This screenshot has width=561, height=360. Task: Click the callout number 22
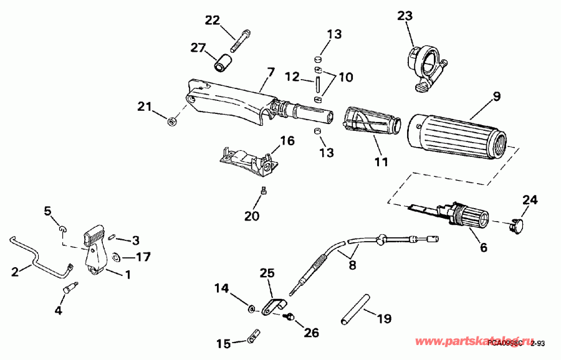tap(213, 20)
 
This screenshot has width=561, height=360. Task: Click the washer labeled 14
tap(251, 308)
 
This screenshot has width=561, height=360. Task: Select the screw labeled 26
tap(287, 317)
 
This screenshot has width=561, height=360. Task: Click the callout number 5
tap(47, 211)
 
